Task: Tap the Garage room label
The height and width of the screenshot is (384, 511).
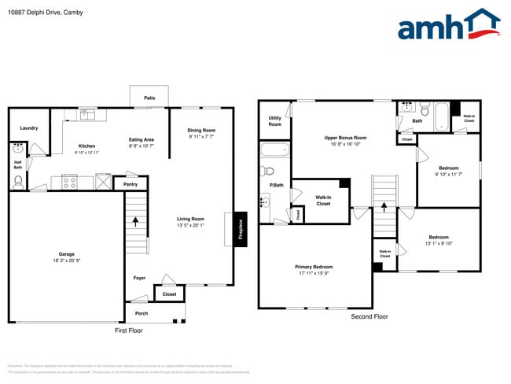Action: coord(67,254)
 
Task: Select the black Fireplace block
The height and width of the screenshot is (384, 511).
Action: coord(241,229)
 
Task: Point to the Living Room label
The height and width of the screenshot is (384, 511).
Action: coord(190,219)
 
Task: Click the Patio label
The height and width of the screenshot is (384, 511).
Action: coord(149,98)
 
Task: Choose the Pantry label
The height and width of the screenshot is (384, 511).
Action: coord(131,184)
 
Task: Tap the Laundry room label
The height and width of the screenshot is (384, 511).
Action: coord(29,127)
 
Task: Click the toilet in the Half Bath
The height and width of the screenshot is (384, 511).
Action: coord(18,181)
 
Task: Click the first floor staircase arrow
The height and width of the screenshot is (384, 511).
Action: coord(135,222)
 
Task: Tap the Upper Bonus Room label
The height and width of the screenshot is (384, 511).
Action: coord(345,138)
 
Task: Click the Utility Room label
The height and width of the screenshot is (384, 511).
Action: coord(274,120)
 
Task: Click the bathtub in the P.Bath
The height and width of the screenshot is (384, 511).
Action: coord(274,151)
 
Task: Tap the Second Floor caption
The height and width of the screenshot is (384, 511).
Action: coord(369,316)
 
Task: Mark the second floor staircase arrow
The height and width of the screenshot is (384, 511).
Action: coord(384,208)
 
